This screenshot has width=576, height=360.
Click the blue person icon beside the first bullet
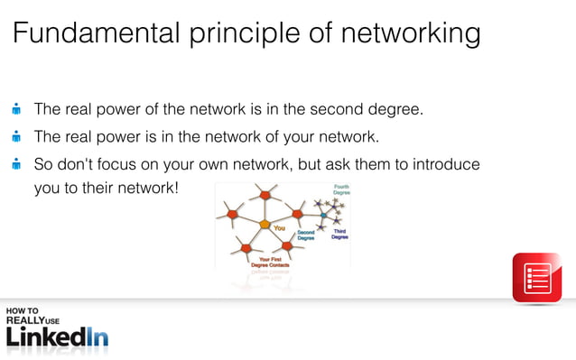[16, 110]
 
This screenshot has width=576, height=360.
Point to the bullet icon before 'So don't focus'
[16, 164]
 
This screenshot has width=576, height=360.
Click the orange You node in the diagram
[265, 224]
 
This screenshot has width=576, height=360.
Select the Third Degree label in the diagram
[339, 234]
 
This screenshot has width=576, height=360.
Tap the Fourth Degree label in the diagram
[341, 189]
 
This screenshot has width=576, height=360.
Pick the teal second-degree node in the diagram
[324, 216]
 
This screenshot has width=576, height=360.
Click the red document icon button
[537, 277]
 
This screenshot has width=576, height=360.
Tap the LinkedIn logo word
[57, 337]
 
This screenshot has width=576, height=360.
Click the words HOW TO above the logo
[22, 311]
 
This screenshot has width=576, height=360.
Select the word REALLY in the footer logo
[24, 319]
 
